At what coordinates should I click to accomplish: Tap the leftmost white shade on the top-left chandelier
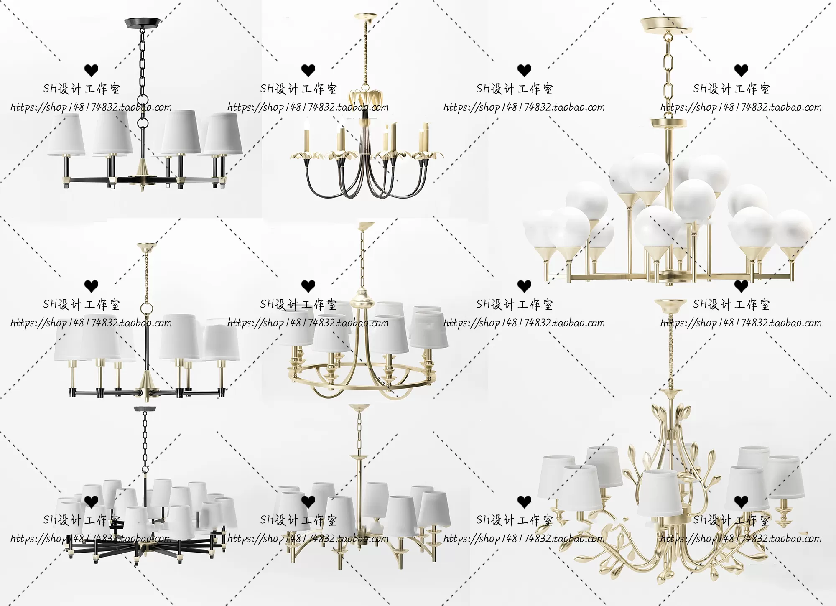coord(66,134)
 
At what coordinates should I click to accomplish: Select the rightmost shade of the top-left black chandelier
coord(223,134)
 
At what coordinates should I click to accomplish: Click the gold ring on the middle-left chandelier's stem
coord(147,308)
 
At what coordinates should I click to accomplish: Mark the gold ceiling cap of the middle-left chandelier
coord(146,246)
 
